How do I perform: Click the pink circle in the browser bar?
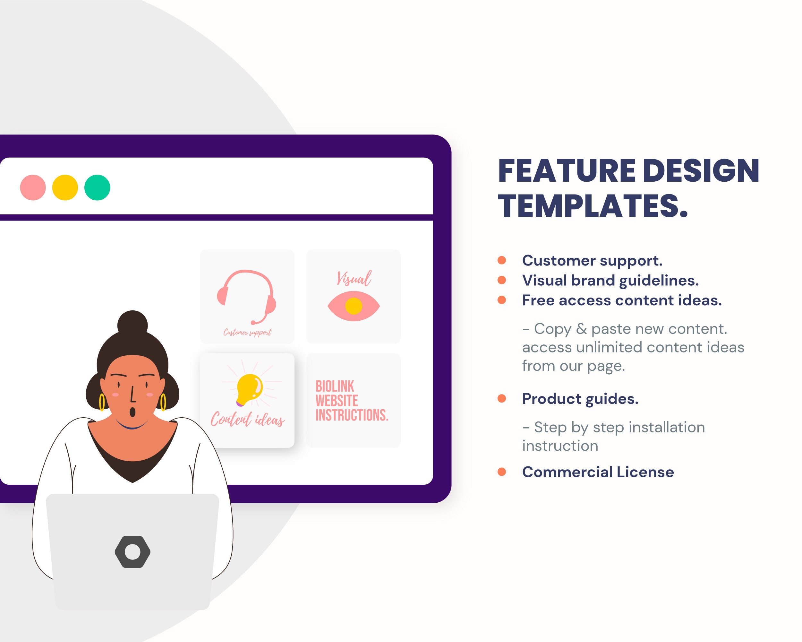(33, 187)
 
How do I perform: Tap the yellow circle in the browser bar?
(65, 187)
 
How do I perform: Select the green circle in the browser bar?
(97, 187)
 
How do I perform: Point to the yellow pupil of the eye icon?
(354, 306)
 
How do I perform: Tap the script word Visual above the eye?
(354, 278)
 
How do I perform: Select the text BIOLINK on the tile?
(335, 386)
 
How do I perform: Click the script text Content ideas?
(247, 420)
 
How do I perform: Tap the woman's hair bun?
(132, 324)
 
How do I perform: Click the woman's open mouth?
(132, 412)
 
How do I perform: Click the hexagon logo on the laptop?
(132, 552)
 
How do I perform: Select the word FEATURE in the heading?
(567, 171)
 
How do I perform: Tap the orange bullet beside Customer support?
(501, 260)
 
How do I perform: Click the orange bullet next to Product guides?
(501, 399)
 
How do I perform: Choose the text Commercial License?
(598, 472)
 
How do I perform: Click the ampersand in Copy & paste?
(581, 329)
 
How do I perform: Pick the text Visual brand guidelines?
(610, 280)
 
